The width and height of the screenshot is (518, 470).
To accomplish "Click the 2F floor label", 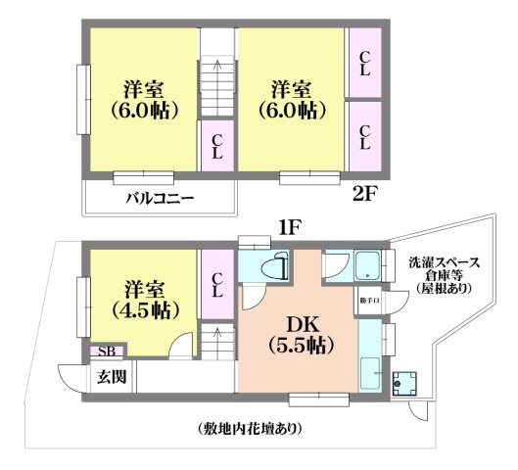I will (x=363, y=192).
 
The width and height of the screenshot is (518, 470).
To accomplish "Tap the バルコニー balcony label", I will (x=160, y=199).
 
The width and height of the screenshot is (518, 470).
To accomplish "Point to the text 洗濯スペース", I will (x=444, y=261).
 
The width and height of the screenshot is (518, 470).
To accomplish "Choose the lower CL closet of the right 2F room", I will (x=364, y=136).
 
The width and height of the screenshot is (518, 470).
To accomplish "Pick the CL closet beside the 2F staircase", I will (x=217, y=147).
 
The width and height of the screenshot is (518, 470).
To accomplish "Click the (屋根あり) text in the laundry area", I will (x=444, y=290).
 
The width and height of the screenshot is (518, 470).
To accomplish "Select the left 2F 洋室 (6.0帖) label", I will (x=144, y=97).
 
